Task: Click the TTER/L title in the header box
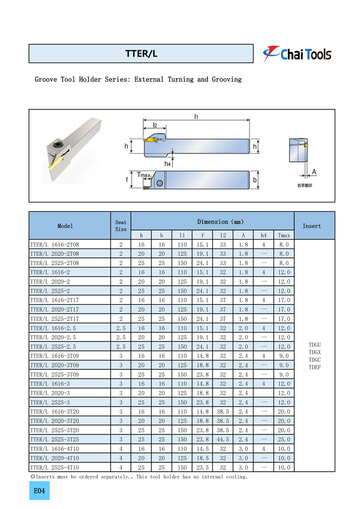click(141, 54)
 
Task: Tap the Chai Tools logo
click(297, 54)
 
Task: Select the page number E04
click(39, 491)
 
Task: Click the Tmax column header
click(284, 235)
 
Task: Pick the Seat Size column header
click(121, 226)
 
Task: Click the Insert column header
click(312, 226)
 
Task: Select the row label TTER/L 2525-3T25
click(55, 439)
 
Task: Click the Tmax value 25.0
click(284, 439)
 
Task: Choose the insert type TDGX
click(315, 352)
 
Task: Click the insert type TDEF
click(315, 367)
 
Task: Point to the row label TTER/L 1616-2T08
click(55, 245)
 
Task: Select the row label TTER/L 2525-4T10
click(55, 467)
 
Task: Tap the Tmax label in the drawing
click(144, 175)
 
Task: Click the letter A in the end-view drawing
click(314, 172)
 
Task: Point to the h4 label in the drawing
click(168, 164)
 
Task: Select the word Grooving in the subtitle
click(227, 80)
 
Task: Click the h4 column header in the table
click(264, 235)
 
